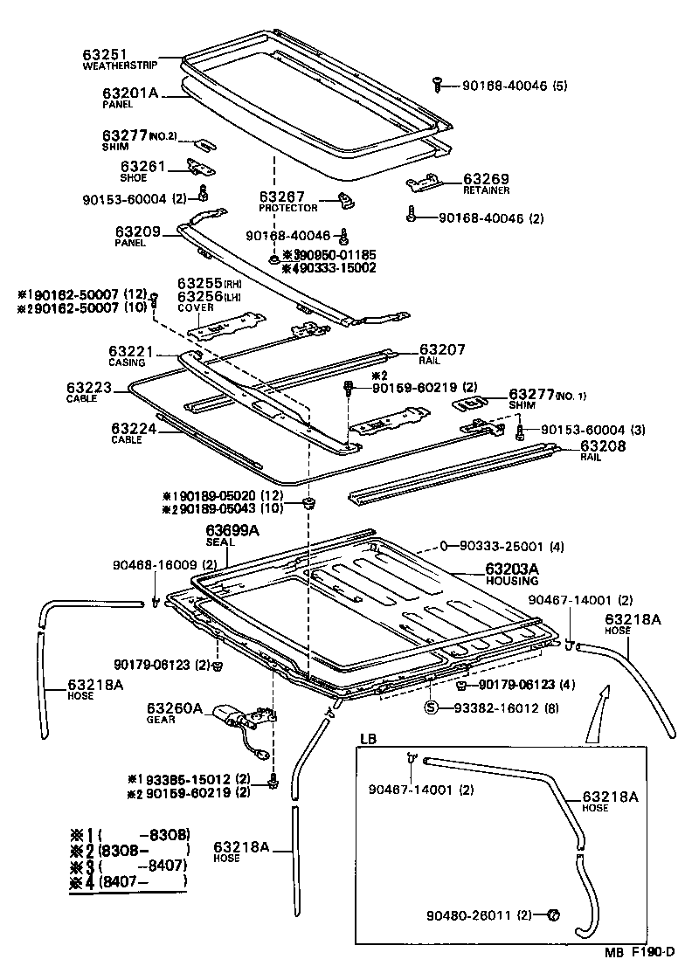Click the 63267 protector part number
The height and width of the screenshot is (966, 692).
[x=280, y=197]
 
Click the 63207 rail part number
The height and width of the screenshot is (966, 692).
[x=441, y=349]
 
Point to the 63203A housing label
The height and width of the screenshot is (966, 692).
[x=512, y=569]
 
